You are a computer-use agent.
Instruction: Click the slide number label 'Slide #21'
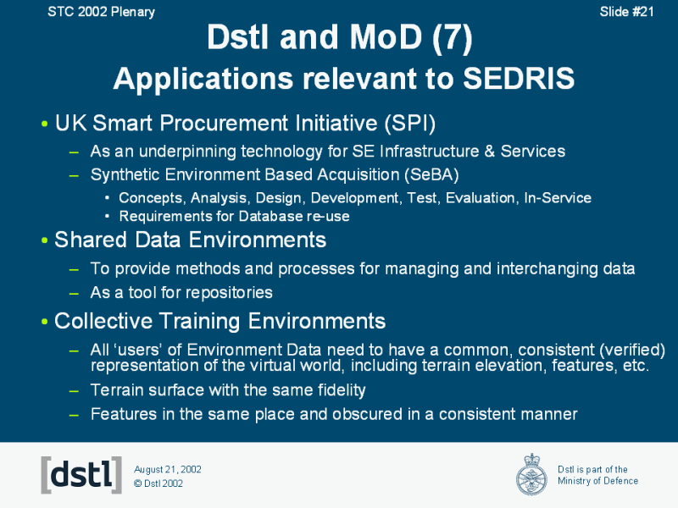point(626,12)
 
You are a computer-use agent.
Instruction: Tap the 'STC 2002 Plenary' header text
point(101,12)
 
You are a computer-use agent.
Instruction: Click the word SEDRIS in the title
point(519,79)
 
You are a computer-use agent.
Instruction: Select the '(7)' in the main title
point(452,37)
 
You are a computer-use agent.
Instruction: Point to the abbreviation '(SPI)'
point(410,123)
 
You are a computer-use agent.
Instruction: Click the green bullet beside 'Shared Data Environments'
point(45,240)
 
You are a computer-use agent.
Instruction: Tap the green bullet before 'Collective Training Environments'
point(45,322)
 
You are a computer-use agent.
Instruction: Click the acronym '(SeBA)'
point(431,175)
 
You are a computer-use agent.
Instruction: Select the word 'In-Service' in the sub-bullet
point(558,198)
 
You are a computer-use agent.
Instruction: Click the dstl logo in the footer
point(81,475)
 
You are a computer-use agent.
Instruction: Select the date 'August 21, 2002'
point(168,470)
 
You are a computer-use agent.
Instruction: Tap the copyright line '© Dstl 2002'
point(158,483)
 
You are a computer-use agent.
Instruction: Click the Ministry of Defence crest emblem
point(531,474)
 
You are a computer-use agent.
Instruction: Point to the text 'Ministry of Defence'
point(597,481)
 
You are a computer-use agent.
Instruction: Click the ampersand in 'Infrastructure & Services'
point(490,152)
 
